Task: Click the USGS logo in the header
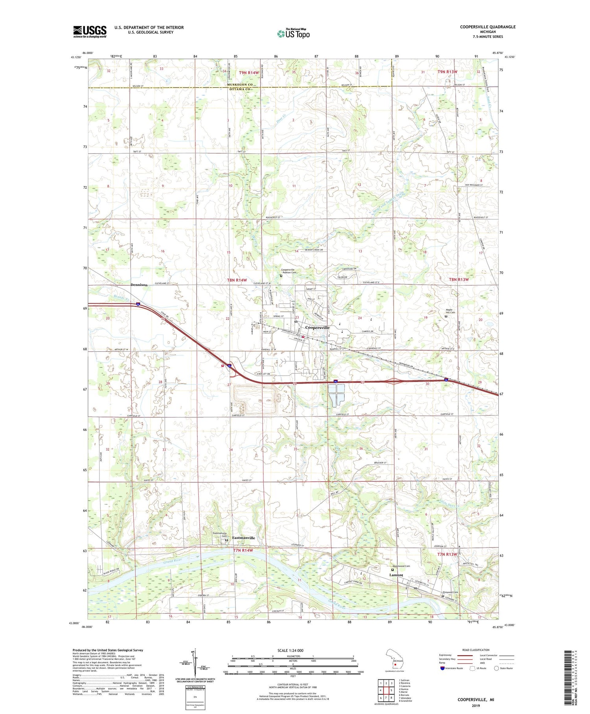coord(90,32)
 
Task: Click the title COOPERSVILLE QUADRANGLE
coord(487,27)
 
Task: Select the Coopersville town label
coord(317,328)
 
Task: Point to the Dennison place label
coord(139,285)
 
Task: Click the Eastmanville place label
coord(243,538)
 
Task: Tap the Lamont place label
coord(396,575)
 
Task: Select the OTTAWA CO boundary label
coord(240,89)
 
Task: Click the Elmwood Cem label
coord(450,592)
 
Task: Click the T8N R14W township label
coord(237,280)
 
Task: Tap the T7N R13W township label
coord(447,554)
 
